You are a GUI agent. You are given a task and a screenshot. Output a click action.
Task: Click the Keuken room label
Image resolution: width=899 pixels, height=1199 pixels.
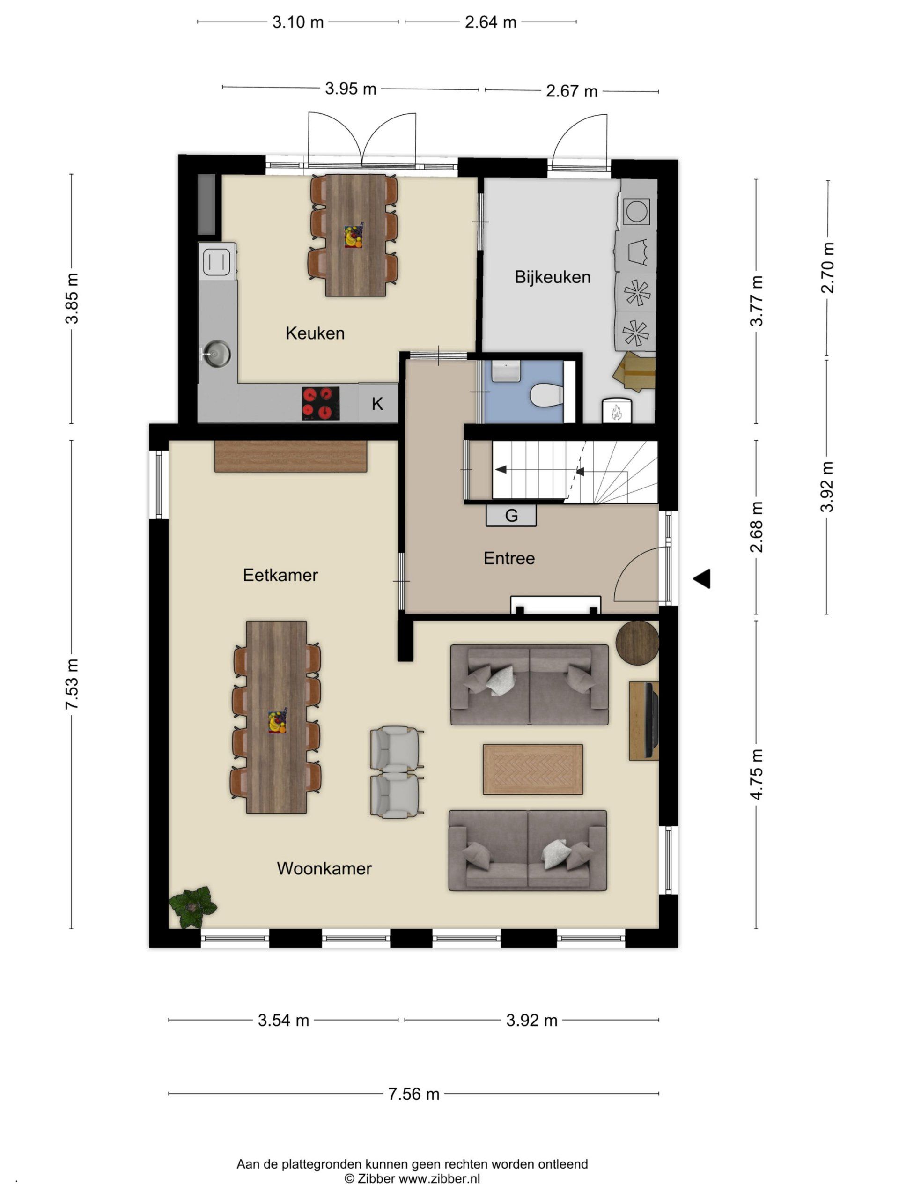coord(315,333)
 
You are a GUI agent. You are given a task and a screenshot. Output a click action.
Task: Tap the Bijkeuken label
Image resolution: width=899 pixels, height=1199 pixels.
coord(552,277)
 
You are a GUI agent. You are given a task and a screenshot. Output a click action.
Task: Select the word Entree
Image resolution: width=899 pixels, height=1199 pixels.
coord(509,558)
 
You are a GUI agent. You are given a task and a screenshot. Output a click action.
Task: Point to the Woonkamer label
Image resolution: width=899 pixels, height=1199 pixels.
coord(324,868)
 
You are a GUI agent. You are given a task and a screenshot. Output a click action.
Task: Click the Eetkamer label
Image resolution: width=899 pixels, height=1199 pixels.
coord(280,575)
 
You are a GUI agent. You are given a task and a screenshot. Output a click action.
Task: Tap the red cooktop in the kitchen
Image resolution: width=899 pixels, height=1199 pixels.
coord(321,403)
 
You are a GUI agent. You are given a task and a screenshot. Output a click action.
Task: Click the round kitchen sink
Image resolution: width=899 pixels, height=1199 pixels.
coord(217,354)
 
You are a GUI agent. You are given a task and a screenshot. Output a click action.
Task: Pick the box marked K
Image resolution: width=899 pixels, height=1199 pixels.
coord(378,403)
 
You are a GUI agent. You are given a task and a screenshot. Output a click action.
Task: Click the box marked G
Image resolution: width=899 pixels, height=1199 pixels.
coord(511,516)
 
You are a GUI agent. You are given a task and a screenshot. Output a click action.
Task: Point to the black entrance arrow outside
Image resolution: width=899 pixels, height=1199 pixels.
coord(702,578)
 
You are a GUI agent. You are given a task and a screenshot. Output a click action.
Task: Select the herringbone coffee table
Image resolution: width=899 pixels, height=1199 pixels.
coord(533,769)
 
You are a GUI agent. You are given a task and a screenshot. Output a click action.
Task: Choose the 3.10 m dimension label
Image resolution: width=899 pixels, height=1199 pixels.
coord(297,22)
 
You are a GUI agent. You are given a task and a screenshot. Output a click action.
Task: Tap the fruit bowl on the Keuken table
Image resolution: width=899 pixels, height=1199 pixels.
coord(354,237)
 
